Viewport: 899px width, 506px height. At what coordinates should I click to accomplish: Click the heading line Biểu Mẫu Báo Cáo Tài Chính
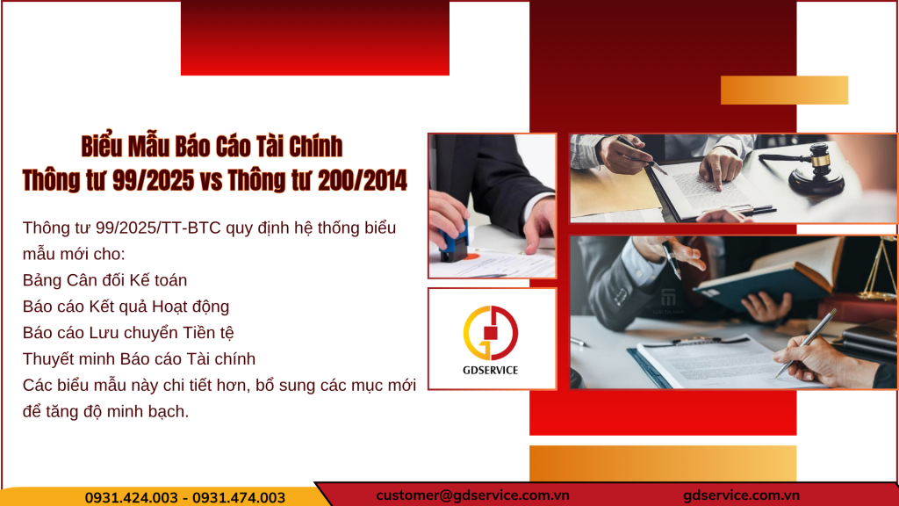coord(212,146)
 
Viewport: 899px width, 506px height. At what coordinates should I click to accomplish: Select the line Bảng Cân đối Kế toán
coord(105,280)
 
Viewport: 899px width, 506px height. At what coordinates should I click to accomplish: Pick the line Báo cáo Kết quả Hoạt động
coord(126,307)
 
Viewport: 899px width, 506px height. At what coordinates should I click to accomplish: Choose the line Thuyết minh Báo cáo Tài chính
coord(140,358)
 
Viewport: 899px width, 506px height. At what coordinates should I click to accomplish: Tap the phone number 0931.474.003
coord(239,497)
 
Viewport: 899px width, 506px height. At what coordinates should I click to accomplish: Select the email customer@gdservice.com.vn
coord(473,495)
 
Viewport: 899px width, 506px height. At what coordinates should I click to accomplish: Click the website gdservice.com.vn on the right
coord(741,495)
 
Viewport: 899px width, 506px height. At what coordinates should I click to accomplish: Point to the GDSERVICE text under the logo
coord(492,370)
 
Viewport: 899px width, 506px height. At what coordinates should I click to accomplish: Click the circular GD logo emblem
coord(491,333)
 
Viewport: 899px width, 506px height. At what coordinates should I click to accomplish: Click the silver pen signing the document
coord(804,342)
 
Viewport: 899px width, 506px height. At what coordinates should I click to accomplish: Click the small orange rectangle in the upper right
coord(784,90)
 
